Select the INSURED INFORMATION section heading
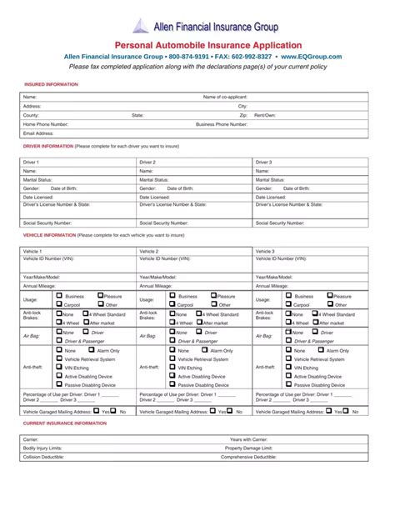click(51, 84)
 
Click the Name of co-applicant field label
click(227, 98)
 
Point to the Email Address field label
click(38, 133)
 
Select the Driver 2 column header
click(147, 162)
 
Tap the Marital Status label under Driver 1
click(37, 179)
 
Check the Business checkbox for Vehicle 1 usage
click(58, 295)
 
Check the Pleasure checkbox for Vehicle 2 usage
click(214, 295)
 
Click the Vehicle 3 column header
click(265, 251)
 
